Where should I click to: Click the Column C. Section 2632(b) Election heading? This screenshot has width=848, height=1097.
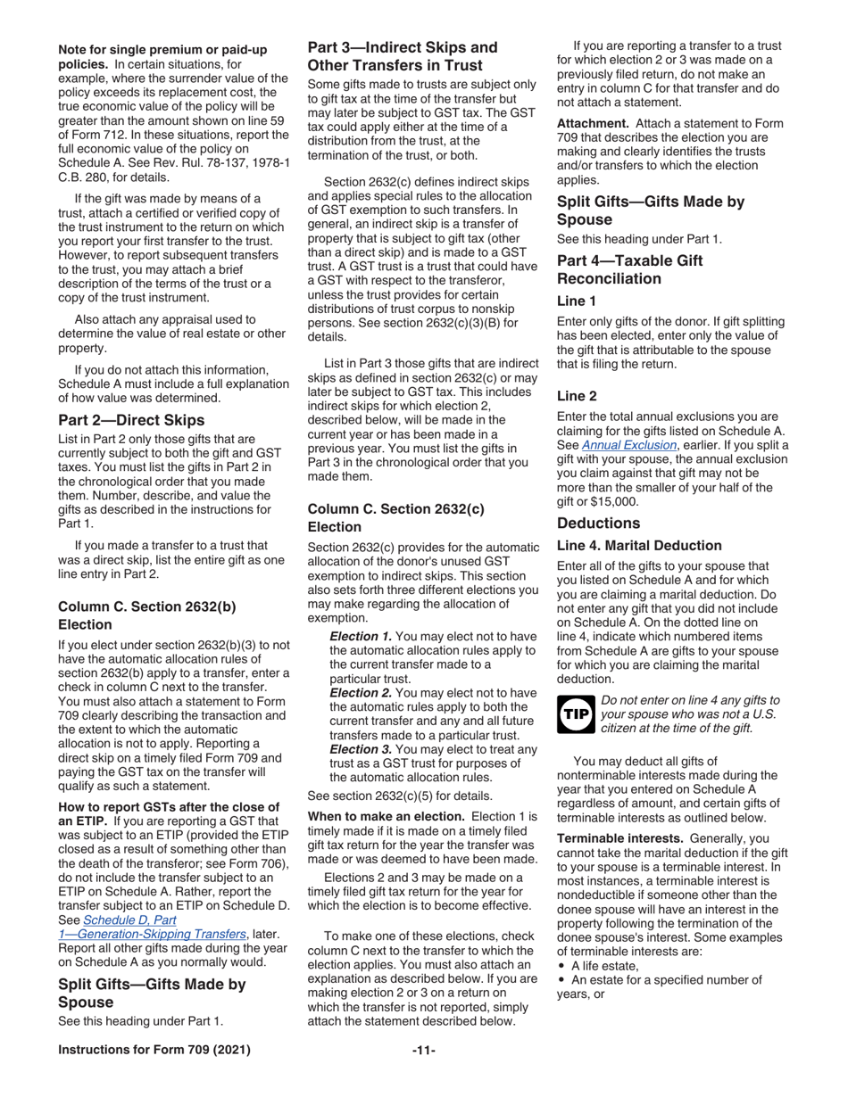pyautogui.click(x=147, y=614)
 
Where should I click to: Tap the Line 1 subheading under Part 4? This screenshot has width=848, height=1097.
pyautogui.click(x=577, y=301)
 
